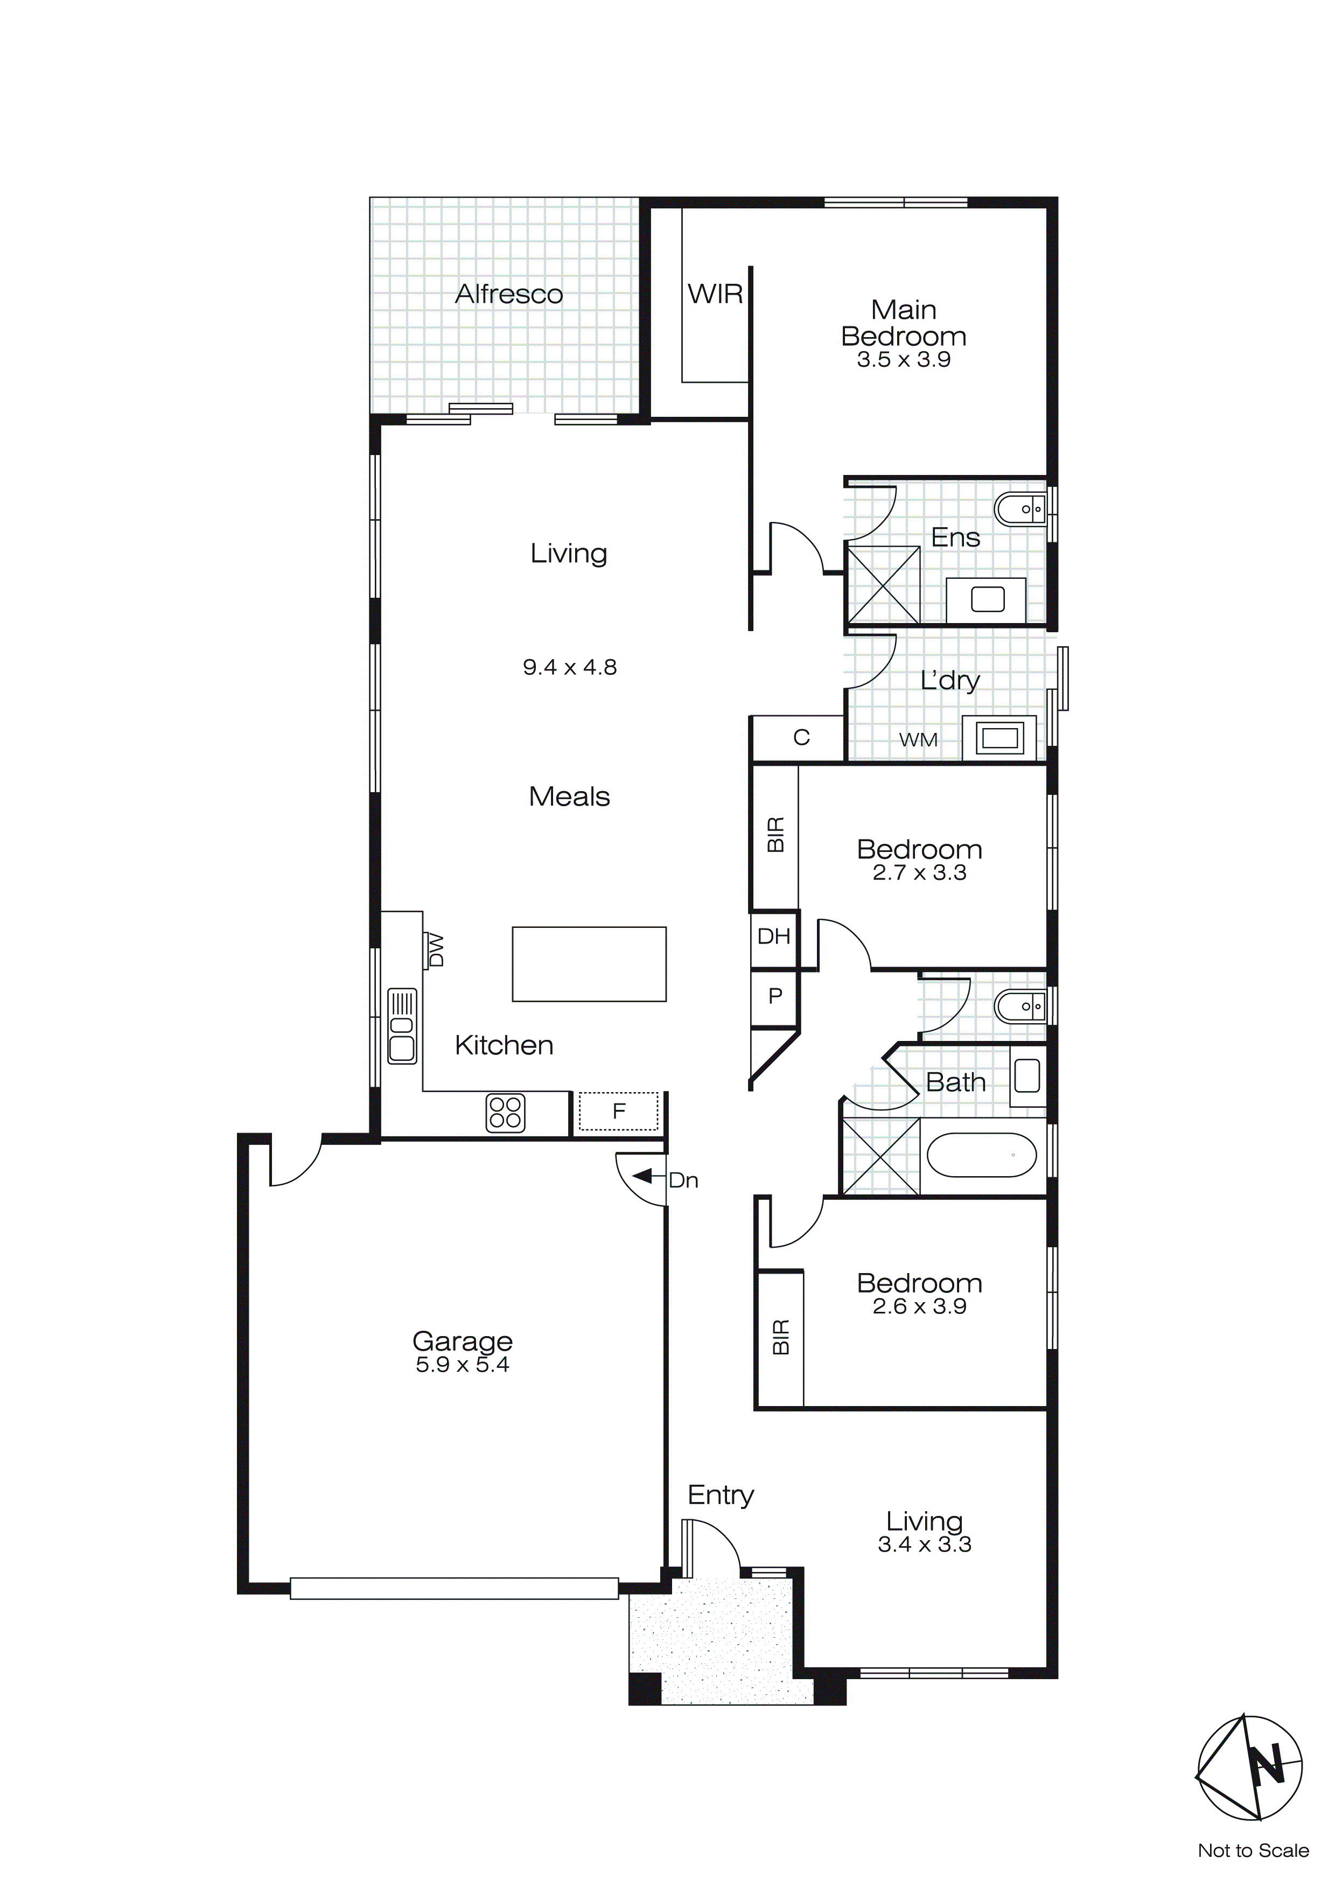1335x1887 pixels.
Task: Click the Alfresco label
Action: (x=509, y=294)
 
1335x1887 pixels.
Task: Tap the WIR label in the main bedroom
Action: (x=715, y=294)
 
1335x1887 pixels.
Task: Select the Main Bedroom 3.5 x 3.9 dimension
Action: (x=904, y=360)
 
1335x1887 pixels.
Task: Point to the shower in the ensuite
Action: (x=883, y=584)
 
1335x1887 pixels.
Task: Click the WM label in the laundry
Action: (x=918, y=740)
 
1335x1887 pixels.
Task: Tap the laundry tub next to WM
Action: (x=999, y=737)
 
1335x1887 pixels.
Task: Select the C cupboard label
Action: (x=801, y=737)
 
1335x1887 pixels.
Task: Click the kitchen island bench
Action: (x=589, y=964)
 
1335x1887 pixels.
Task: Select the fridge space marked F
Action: (x=618, y=1111)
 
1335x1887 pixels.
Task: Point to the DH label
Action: (x=773, y=936)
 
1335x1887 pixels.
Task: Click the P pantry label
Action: (x=774, y=996)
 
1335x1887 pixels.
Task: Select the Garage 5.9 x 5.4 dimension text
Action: (x=462, y=1365)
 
